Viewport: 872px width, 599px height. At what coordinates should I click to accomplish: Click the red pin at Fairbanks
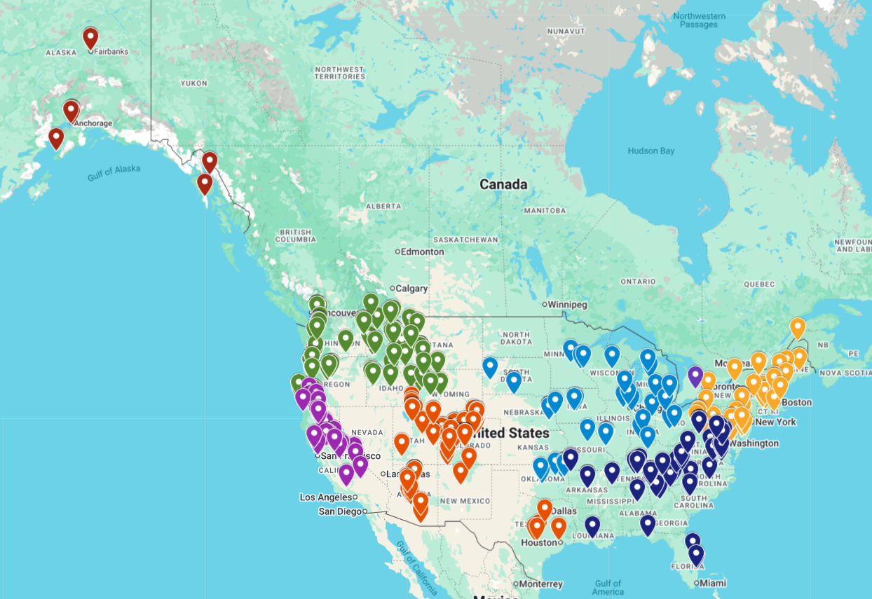tap(90, 38)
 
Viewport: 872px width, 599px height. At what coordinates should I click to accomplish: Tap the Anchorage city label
tap(93, 123)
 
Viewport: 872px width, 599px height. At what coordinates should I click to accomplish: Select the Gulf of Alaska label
tap(114, 173)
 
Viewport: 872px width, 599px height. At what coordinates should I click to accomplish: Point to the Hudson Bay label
tap(651, 151)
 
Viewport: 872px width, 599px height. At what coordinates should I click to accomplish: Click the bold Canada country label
tap(503, 184)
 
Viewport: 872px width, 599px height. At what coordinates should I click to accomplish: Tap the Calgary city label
tap(411, 289)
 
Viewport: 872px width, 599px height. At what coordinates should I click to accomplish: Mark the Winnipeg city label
tap(567, 305)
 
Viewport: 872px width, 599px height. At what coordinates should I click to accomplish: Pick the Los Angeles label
tap(325, 497)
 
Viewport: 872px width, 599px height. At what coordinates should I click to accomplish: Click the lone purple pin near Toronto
tap(695, 376)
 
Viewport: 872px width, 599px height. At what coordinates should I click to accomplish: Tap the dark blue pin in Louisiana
tap(592, 525)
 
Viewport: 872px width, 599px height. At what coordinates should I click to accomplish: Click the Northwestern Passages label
tap(699, 20)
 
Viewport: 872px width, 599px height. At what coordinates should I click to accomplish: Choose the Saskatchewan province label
tap(465, 240)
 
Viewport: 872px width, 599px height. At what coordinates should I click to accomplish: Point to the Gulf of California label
tap(415, 567)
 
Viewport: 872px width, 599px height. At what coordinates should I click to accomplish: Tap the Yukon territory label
tap(193, 83)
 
